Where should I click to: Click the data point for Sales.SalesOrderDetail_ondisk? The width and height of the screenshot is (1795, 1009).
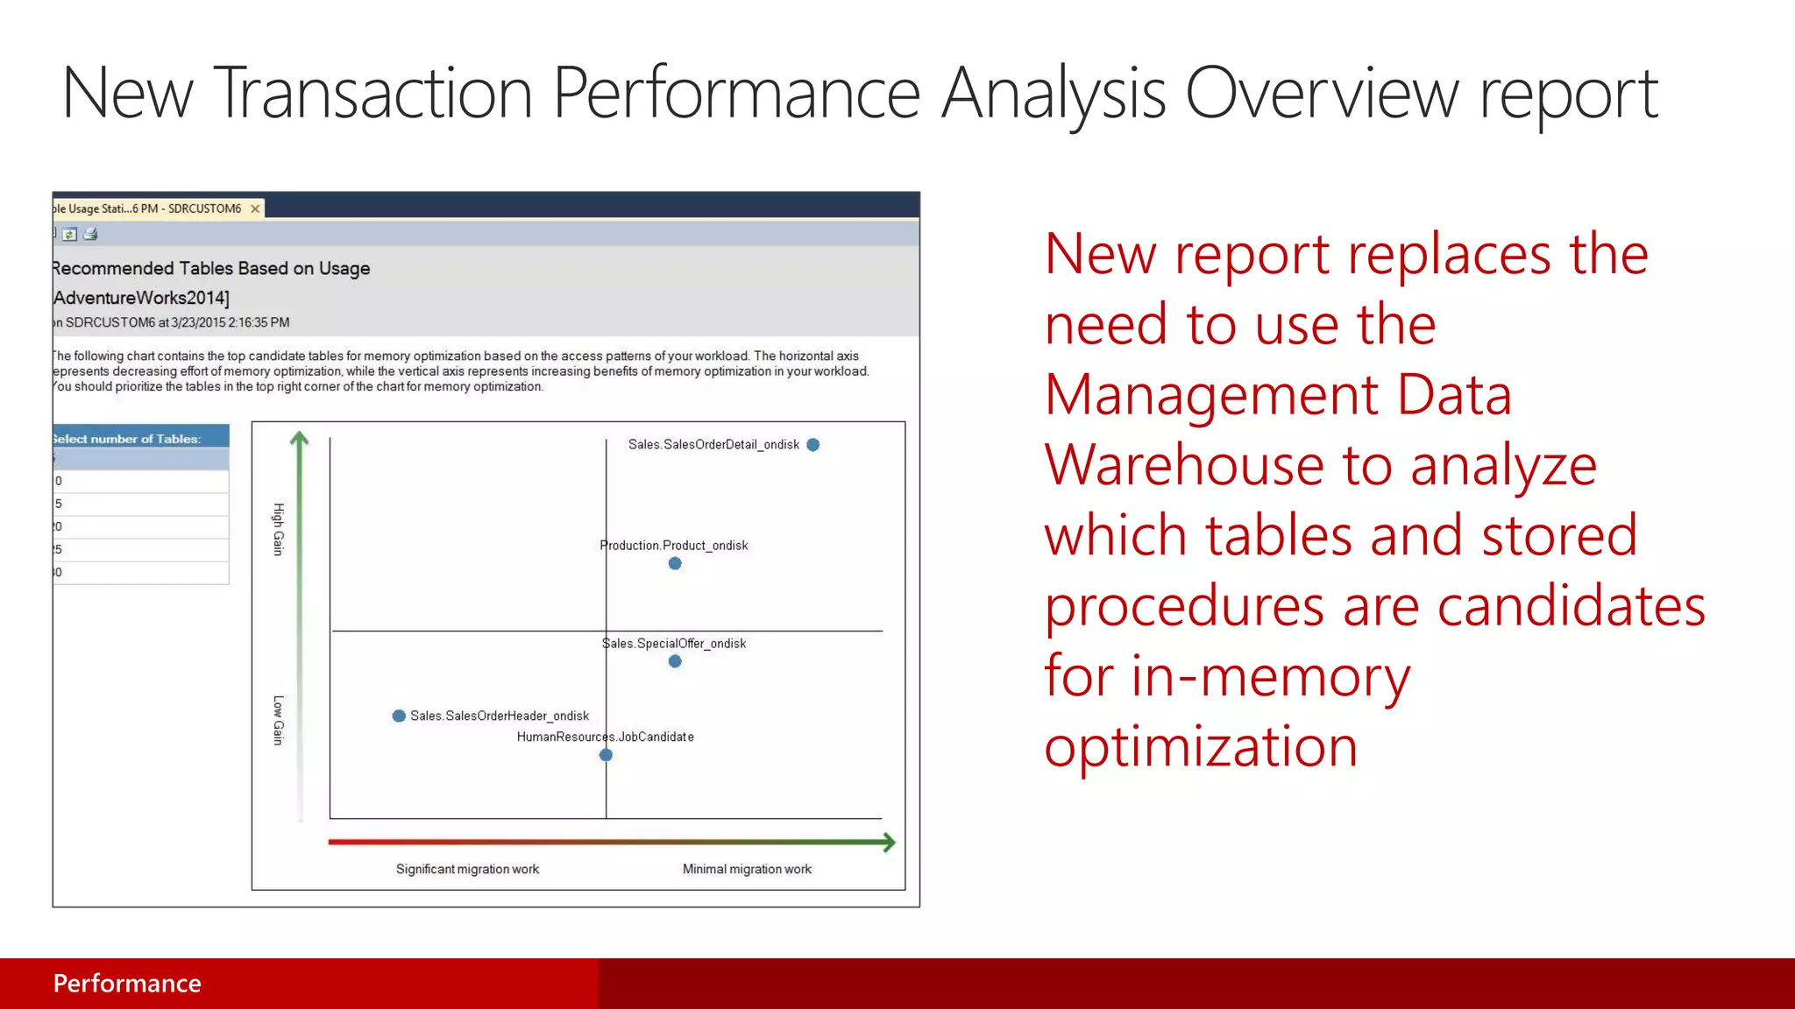(812, 445)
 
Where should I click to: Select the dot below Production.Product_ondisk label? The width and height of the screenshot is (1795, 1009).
(675, 563)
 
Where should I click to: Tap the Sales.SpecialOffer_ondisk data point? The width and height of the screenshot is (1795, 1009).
(675, 661)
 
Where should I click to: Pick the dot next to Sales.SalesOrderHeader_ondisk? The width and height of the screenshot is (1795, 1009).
(399, 716)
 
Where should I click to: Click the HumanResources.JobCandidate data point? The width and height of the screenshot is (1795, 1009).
(606, 755)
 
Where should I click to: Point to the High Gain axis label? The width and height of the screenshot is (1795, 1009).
(279, 529)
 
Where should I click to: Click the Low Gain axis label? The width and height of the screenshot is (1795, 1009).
(279, 720)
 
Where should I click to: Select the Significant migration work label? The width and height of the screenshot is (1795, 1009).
(467, 869)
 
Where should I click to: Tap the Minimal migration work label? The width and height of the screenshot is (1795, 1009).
(747, 869)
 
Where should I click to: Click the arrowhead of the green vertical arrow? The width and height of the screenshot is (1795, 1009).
(300, 437)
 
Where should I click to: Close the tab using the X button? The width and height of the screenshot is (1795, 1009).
(255, 208)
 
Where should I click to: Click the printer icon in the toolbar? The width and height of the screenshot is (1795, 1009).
(90, 234)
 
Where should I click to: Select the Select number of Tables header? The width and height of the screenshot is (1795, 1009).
(128, 439)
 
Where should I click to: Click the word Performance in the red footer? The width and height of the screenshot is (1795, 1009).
(127, 984)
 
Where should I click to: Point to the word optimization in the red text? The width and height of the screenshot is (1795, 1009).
(1201, 746)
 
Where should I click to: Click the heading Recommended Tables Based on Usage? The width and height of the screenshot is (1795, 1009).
(211, 268)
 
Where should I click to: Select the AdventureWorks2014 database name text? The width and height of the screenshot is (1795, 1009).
(141, 298)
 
